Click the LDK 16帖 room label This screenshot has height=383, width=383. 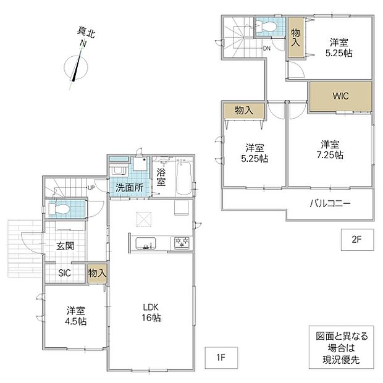click(x=151, y=313)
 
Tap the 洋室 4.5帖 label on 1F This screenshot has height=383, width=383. click(x=76, y=316)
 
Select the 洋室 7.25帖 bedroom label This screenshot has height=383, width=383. click(x=330, y=149)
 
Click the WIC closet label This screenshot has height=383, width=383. click(x=340, y=96)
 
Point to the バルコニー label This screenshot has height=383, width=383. click(x=330, y=203)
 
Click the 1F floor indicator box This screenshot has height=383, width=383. click(x=221, y=358)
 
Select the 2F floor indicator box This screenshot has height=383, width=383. click(x=357, y=240)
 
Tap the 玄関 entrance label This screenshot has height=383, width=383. click(x=65, y=246)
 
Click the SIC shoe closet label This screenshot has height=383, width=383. click(x=64, y=273)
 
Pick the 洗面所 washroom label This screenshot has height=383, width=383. click(x=129, y=188)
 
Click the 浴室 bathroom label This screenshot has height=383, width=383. click(x=161, y=177)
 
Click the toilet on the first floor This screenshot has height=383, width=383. click(x=59, y=209)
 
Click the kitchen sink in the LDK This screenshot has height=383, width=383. click(x=146, y=243)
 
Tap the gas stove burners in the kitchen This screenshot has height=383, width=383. click(x=182, y=243)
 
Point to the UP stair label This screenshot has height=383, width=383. click(x=91, y=188)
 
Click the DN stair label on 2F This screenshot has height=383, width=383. click(x=267, y=48)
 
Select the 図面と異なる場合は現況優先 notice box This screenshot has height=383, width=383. click(x=341, y=347)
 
